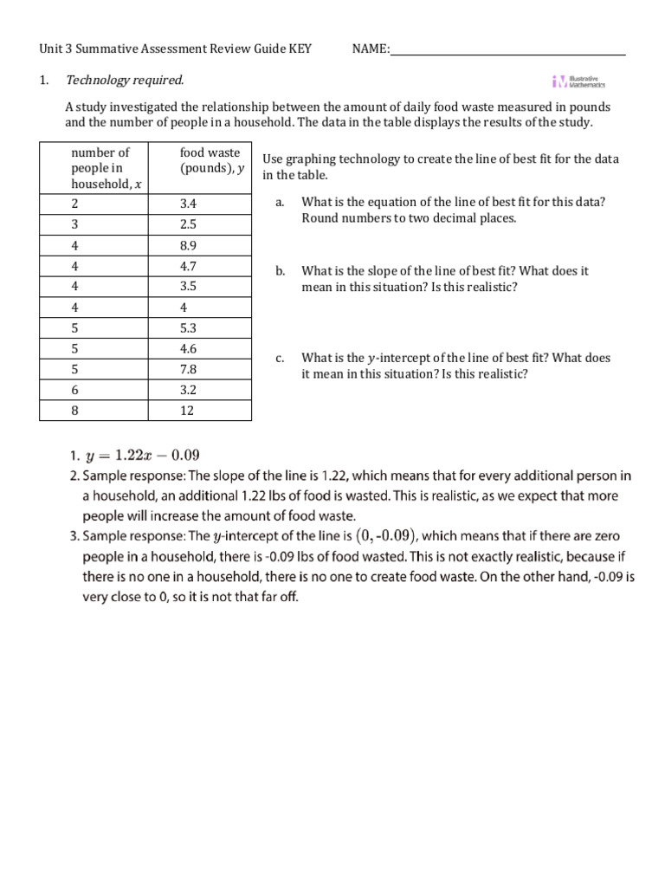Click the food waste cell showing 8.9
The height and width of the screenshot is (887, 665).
coord(190,245)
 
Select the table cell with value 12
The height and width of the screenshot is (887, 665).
coord(187,411)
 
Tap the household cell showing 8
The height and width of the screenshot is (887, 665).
coord(74,411)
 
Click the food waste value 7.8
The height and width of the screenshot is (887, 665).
coord(190,370)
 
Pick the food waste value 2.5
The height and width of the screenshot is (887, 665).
coord(190,224)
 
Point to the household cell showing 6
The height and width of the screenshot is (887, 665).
coord(74,391)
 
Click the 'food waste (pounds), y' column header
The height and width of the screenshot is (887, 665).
coord(209,161)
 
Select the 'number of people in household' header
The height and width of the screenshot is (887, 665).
coord(101,168)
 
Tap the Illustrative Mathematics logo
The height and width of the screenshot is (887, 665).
coord(578,81)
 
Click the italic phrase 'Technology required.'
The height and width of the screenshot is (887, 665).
coord(125,81)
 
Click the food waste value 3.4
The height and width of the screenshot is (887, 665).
coord(190,204)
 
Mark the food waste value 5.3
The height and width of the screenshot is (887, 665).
coord(190,328)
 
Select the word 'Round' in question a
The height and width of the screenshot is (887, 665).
coord(318,218)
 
